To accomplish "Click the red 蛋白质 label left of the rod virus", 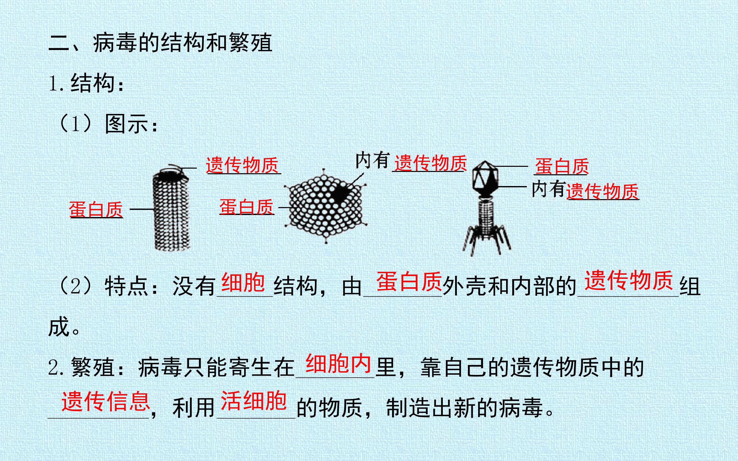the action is point(96,209).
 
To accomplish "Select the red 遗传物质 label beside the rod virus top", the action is point(243,165).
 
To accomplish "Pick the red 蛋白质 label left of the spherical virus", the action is point(246,207).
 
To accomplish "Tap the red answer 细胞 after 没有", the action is point(243,282).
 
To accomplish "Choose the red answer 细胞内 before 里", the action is point(338,363).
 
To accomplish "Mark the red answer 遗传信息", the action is point(106,401).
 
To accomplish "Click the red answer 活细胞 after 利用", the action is point(254,401).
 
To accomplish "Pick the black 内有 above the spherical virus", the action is point(373,160).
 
